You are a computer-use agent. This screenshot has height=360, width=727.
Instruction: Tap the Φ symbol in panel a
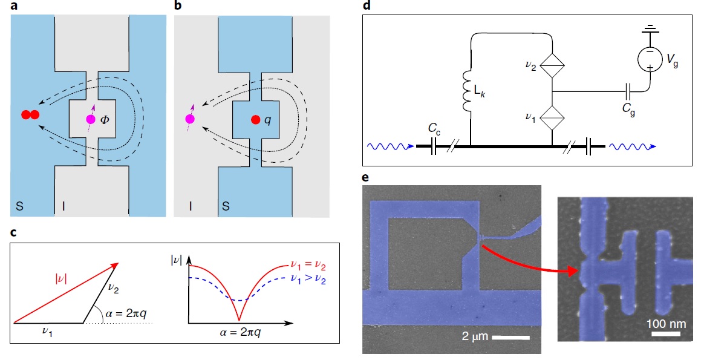click(105, 119)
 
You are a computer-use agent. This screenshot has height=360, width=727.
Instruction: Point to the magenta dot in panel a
click(90, 120)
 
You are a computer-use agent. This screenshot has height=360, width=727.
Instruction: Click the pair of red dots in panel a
click(30, 115)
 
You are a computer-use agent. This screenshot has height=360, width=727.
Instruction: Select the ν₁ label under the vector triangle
click(47, 332)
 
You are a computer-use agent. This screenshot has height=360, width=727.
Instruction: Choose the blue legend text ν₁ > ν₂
click(312, 280)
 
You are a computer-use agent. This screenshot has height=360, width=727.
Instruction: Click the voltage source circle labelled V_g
click(651, 59)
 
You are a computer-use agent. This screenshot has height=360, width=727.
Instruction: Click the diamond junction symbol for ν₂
click(553, 65)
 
